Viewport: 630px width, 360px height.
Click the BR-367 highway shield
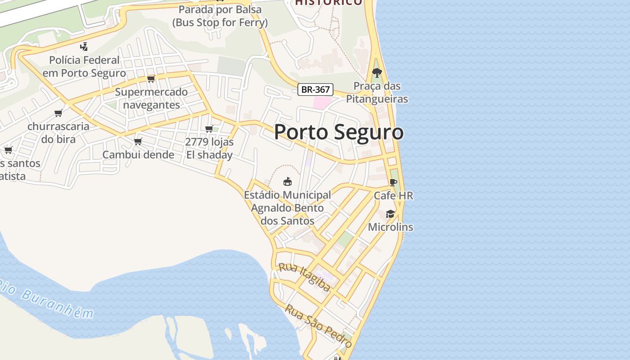click(315, 90)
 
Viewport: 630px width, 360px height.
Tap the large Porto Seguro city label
click(338, 132)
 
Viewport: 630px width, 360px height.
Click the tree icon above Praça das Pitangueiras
click(377, 72)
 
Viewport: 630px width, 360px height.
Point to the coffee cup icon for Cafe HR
click(393, 182)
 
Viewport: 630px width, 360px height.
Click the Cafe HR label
click(393, 196)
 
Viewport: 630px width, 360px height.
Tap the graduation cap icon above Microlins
click(390, 214)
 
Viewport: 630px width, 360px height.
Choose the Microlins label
click(390, 227)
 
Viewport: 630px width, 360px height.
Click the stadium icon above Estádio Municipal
click(287, 181)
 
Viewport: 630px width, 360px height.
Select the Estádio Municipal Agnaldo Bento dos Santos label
click(287, 208)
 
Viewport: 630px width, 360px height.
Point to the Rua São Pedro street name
click(318, 320)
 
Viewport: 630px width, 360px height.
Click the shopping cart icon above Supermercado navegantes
click(151, 79)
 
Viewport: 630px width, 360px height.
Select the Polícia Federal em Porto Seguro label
click(84, 66)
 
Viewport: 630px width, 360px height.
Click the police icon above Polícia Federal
click(84, 46)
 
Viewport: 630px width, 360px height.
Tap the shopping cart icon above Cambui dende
click(138, 141)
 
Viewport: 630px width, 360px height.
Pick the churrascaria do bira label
click(58, 132)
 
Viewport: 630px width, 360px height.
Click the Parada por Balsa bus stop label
click(220, 15)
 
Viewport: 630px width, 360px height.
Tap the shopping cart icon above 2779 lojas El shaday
click(209, 129)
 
